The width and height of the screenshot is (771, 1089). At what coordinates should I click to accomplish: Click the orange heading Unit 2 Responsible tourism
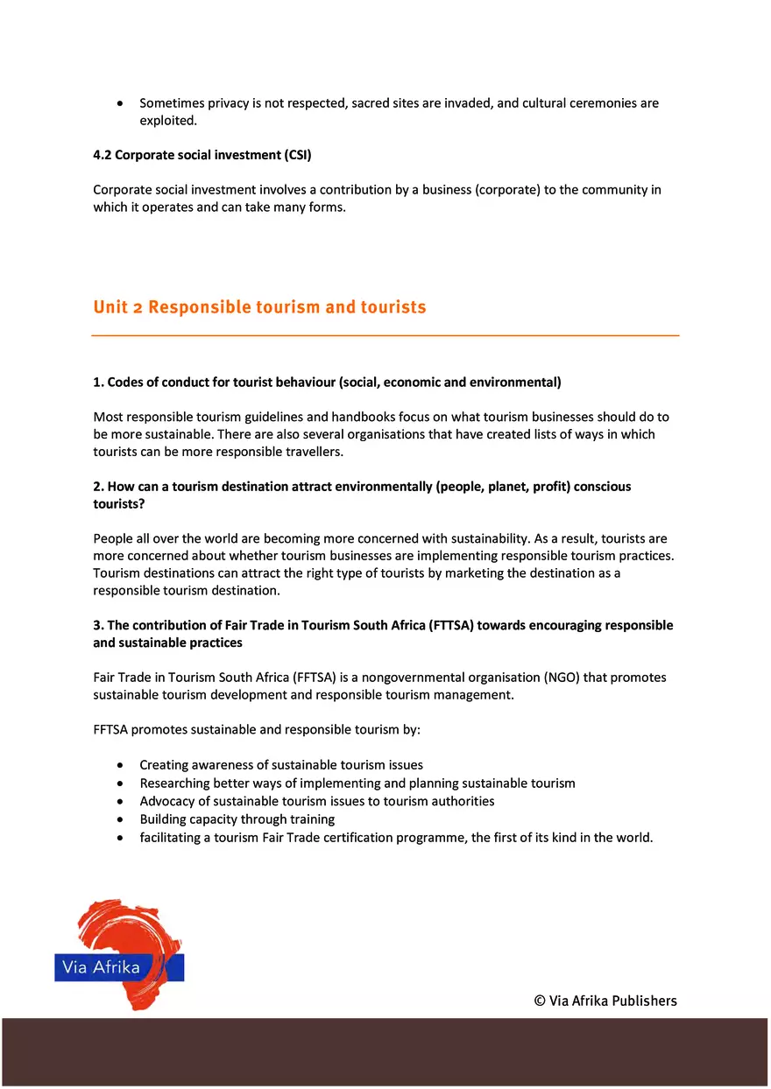259,307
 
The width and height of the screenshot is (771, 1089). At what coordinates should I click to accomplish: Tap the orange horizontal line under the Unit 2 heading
385,335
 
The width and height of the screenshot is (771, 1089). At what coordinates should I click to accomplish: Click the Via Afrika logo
119,955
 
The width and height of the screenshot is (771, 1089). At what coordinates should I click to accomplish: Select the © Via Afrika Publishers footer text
605,1001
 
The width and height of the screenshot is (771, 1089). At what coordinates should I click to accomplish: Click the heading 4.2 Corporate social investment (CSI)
202,155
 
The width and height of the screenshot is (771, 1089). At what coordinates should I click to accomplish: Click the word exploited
167,121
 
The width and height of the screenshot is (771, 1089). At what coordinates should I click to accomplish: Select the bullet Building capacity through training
237,819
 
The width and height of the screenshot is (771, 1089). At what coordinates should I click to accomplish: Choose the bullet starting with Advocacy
316,801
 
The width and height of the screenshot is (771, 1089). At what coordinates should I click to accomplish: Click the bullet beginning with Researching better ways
357,783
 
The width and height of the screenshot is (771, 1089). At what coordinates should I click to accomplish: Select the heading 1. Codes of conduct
327,383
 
